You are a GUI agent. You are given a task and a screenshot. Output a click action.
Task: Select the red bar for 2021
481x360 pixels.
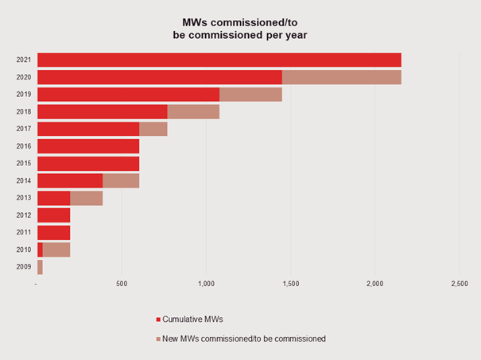tap(219, 60)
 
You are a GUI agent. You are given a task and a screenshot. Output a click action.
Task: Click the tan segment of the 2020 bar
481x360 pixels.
tap(341, 77)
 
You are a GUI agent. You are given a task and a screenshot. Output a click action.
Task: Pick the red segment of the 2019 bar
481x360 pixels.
tap(128, 95)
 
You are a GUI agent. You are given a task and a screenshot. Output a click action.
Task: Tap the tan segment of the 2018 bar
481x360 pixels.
tap(193, 112)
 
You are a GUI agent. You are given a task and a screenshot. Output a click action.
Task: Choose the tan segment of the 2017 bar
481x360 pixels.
tap(153, 129)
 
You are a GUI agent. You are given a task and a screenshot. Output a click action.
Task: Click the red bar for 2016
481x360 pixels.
tap(88, 146)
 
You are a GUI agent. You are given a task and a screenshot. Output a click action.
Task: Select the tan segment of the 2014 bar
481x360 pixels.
tap(121, 180)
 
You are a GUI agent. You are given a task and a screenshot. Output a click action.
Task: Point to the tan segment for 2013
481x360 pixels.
tap(86, 198)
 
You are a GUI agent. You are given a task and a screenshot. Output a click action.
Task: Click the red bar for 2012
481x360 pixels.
tap(53, 215)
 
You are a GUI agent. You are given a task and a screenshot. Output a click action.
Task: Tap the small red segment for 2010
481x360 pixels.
tap(40, 250)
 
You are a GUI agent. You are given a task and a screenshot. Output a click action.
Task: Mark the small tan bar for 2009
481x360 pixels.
tap(40, 267)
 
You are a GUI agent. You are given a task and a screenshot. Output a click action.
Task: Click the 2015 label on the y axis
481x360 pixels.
tap(24, 164)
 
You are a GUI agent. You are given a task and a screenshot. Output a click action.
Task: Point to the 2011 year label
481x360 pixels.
tap(24, 233)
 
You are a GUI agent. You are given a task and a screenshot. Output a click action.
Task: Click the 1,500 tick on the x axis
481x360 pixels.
tap(290, 284)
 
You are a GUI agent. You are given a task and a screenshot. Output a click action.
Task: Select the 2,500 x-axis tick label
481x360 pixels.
tap(459, 284)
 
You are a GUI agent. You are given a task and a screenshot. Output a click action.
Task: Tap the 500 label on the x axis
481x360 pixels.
tap(122, 284)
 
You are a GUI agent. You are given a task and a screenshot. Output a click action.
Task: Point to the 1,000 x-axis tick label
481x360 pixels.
tap(206, 284)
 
